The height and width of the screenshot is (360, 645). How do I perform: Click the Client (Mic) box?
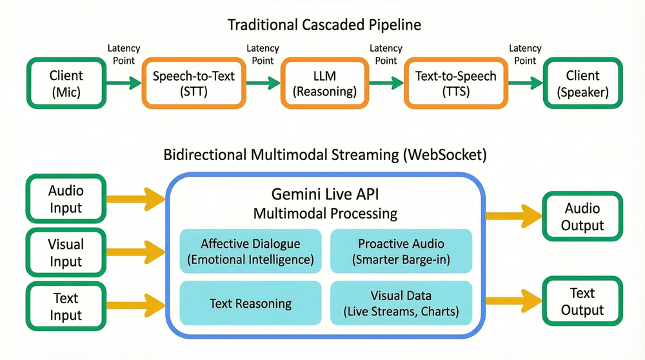point(65,83)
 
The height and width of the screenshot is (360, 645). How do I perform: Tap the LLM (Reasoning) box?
point(324,83)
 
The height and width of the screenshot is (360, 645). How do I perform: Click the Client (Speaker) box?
point(582,83)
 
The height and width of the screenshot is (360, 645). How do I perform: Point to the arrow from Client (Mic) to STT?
point(123,83)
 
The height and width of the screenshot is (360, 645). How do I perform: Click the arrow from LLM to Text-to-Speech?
point(385,83)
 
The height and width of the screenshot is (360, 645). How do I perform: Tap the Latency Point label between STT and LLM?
point(263,54)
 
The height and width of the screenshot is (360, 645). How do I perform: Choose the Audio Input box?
point(66,199)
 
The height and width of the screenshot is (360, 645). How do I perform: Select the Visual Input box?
point(66,253)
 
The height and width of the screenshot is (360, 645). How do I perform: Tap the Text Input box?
point(66,306)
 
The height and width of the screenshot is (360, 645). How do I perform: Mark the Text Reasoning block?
point(250,303)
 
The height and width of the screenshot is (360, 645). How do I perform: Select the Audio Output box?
point(582,217)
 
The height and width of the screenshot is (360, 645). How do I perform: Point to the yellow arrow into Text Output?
point(512,301)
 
